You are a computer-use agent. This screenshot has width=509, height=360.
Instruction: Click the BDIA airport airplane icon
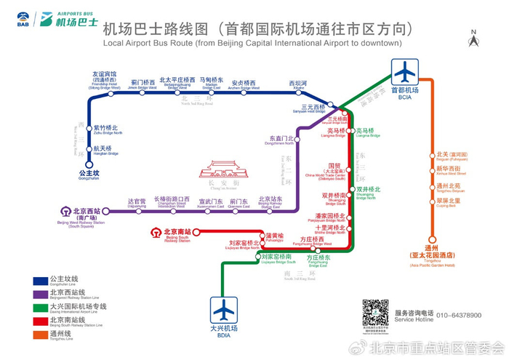[x=225, y=310]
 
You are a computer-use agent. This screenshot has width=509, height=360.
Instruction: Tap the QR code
[x=376, y=313]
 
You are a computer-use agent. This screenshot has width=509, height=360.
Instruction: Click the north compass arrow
[x=473, y=40]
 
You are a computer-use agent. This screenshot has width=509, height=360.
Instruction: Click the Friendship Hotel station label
[x=104, y=79]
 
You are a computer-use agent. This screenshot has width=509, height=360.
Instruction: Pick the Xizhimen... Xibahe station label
[x=298, y=84]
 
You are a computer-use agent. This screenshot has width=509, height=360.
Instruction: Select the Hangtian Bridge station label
[x=106, y=151]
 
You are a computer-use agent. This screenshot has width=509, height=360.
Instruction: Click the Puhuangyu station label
[x=275, y=237]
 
